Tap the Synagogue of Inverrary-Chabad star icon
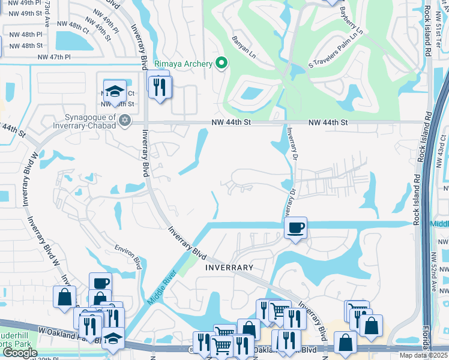coord(125,121)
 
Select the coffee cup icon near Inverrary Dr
coord(295,228)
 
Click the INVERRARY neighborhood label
coord(229,266)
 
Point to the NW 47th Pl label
coord(54,57)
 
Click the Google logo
coord(20,353)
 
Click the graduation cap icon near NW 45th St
coord(115,91)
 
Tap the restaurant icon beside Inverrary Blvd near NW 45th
coord(160,87)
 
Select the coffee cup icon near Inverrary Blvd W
coord(101,283)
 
